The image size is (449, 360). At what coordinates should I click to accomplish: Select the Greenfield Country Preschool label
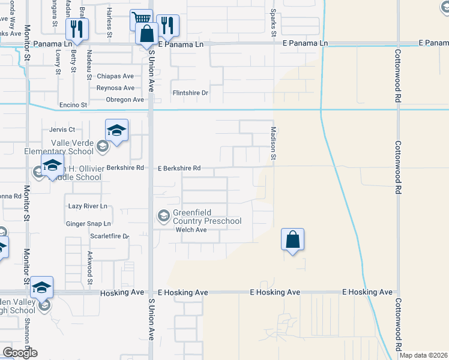pyautogui.click(x=207, y=217)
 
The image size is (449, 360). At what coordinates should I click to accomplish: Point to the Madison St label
pyautogui.click(x=273, y=143)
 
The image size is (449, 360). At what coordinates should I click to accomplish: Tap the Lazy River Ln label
pyautogui.click(x=88, y=206)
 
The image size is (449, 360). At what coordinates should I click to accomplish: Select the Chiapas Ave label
pyautogui.click(x=115, y=76)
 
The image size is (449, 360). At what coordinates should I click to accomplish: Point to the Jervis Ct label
pyautogui.click(x=63, y=129)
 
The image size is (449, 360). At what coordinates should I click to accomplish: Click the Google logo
pyautogui.click(x=20, y=353)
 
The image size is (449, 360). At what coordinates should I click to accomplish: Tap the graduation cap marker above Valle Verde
pyautogui.click(x=116, y=130)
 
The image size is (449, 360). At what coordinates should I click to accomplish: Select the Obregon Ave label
pyautogui.click(x=125, y=100)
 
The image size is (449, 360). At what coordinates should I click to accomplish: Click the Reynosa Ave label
pyautogui.click(x=116, y=88)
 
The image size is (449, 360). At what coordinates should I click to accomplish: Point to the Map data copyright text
pyautogui.click(x=424, y=355)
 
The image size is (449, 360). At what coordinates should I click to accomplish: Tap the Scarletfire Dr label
pyautogui.click(x=109, y=236)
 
